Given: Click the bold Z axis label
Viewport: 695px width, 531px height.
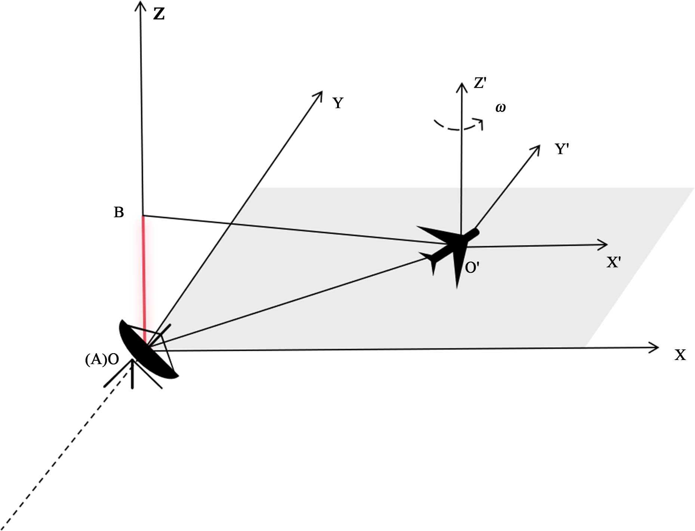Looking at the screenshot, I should pyautogui.click(x=159, y=14).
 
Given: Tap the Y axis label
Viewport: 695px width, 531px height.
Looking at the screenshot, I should pyautogui.click(x=338, y=103).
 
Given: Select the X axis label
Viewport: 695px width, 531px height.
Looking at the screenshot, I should pyautogui.click(x=680, y=355).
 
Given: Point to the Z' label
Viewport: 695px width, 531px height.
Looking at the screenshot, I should pyautogui.click(x=480, y=83).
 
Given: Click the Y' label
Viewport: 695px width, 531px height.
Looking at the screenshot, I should pyautogui.click(x=562, y=149).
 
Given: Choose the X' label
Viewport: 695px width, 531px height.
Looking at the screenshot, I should pyautogui.click(x=614, y=263).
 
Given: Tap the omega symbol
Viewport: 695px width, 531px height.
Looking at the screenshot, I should pyautogui.click(x=500, y=108).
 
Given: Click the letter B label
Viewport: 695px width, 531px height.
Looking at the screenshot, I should pyautogui.click(x=118, y=212).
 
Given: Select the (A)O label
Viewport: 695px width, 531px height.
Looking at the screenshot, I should pyautogui.click(x=102, y=359).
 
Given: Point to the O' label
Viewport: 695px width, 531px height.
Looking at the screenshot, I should pyautogui.click(x=472, y=268).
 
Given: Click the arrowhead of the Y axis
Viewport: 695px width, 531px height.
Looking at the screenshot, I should pyautogui.click(x=319, y=94).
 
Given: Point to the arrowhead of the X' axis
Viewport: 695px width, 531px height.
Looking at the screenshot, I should pyautogui.click(x=603, y=245).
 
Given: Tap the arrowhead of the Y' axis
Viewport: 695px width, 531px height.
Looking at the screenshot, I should pyautogui.click(x=537, y=148).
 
